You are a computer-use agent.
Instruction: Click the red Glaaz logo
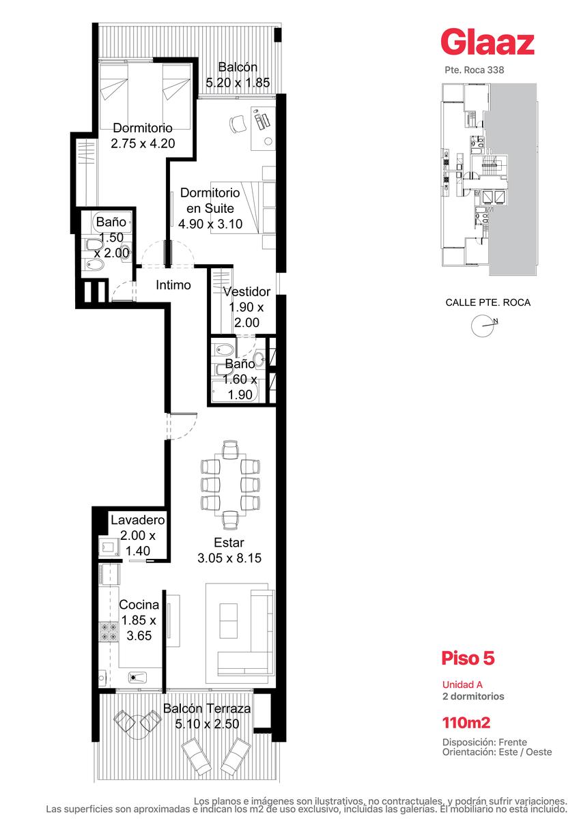click(488, 43)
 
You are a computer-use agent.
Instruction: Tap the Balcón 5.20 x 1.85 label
click(238, 75)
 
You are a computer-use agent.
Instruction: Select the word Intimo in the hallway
click(173, 285)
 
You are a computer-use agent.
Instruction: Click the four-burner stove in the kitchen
click(109, 632)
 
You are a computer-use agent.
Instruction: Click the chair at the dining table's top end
click(230, 449)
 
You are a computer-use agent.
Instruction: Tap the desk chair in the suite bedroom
click(238, 124)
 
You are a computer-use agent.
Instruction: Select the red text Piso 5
click(468, 658)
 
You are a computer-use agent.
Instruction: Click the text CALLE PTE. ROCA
click(488, 302)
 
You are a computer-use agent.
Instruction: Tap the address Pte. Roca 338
click(474, 70)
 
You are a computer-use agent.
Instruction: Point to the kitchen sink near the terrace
click(137, 677)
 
